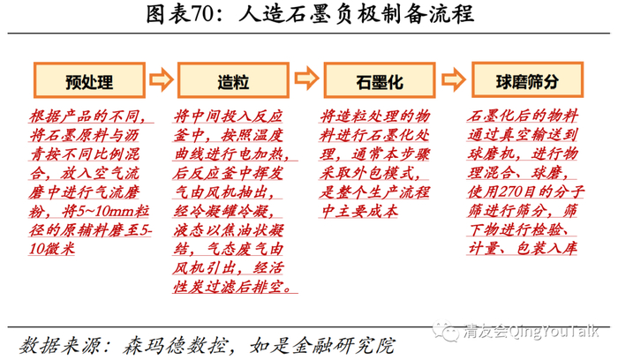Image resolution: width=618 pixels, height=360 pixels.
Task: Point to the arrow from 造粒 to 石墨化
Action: coord(307,82)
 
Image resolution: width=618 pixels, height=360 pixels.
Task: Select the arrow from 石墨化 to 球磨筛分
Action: coord(455,82)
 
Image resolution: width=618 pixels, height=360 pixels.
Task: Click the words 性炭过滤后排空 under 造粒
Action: coord(233,289)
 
